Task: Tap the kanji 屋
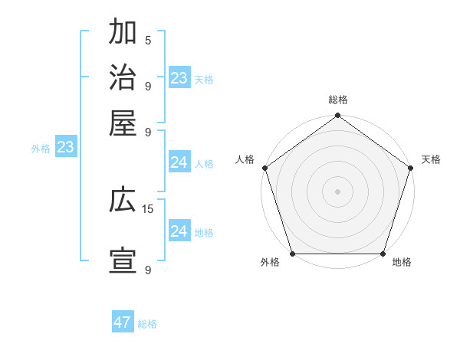point(123,122)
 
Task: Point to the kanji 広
point(123,201)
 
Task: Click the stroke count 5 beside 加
point(148,41)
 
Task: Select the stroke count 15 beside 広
point(149,208)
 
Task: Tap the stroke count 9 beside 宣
point(148,270)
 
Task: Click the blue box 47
point(123,322)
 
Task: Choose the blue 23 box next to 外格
point(65,148)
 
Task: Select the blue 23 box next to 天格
point(179,78)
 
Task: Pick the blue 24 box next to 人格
point(179,162)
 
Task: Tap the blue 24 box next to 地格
point(179,232)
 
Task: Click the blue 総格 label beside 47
point(147,324)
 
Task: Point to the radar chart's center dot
point(337,191)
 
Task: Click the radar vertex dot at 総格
point(337,116)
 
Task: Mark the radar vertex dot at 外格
point(292,254)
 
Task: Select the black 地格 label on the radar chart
point(402,263)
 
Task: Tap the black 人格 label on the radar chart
point(245,159)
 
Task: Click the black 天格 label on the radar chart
point(431,159)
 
